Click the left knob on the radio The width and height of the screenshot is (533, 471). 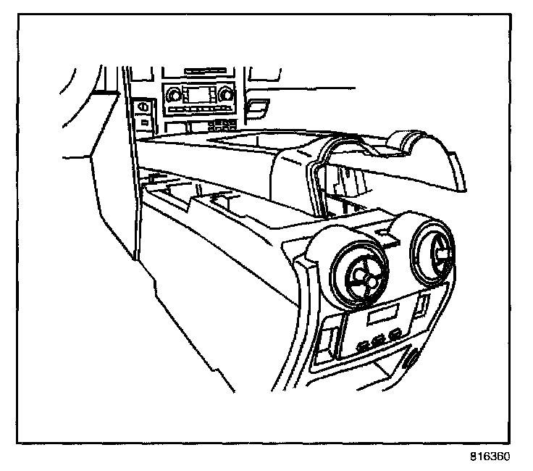pyautogui.click(x=172, y=96)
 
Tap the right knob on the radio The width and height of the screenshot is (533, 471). pyautogui.click(x=226, y=94)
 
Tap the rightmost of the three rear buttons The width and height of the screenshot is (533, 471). pyautogui.click(x=394, y=333)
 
